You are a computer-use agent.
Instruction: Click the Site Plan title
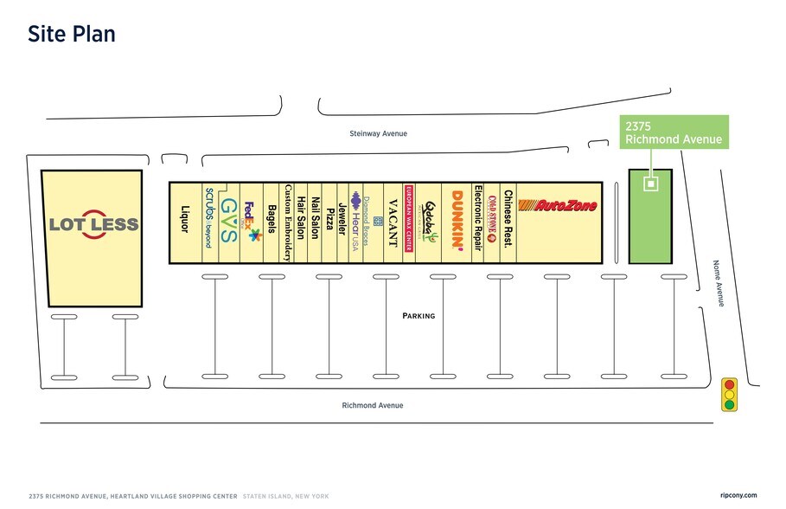click(x=72, y=34)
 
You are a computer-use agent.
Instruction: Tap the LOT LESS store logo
click(x=93, y=224)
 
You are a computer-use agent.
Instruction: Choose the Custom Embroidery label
click(x=287, y=222)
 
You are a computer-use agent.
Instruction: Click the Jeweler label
click(x=342, y=220)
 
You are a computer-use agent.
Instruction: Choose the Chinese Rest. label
click(x=508, y=218)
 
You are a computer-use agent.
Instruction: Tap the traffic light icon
click(x=730, y=394)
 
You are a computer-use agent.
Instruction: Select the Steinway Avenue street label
click(x=378, y=134)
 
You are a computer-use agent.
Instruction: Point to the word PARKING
click(x=419, y=316)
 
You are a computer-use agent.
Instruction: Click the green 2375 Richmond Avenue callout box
click(x=673, y=132)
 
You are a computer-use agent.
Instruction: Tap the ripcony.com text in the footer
click(x=738, y=495)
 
